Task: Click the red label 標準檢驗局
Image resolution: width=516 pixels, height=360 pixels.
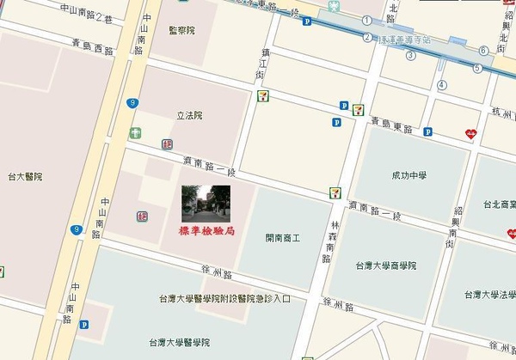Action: click(206, 230)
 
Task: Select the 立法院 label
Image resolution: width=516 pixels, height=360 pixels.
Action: click(188, 115)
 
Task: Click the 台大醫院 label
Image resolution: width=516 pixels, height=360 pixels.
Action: click(25, 176)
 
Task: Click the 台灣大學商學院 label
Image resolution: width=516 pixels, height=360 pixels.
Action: click(386, 265)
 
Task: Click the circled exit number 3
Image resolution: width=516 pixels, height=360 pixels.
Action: click(410, 56)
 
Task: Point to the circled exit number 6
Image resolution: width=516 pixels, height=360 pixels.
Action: click(484, 51)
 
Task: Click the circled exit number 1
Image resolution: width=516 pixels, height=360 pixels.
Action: click(366, 21)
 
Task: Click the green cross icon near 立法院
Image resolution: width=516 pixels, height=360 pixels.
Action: click(134, 134)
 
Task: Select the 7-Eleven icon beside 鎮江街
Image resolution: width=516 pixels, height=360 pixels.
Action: click(260, 96)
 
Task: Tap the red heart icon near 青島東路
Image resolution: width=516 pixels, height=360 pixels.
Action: click(470, 133)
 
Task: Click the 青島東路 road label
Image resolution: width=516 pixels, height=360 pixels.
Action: click(391, 126)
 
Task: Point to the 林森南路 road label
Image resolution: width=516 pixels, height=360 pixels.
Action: click(329, 235)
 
